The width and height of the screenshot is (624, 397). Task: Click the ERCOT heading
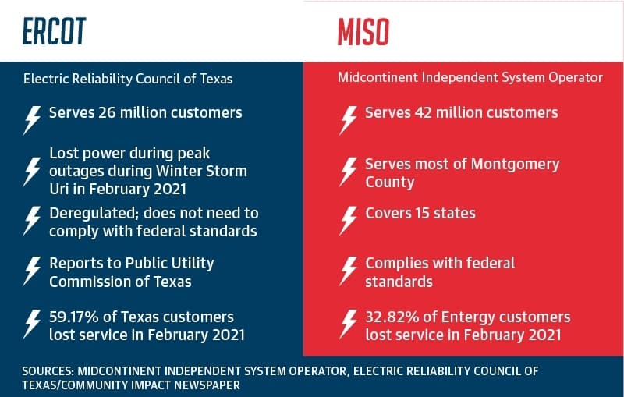tap(54, 31)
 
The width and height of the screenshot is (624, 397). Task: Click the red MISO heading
tap(363, 32)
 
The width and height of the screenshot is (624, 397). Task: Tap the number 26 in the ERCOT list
tap(107, 112)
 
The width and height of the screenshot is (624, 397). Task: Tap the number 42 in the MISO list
tap(423, 112)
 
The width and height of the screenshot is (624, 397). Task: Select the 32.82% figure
tap(392, 317)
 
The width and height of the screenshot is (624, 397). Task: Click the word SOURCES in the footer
tap(48, 371)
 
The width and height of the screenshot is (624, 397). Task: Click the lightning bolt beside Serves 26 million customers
tap(32, 120)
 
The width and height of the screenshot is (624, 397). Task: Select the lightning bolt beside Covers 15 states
tap(348, 221)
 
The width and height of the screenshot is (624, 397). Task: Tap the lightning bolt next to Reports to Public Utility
tap(32, 271)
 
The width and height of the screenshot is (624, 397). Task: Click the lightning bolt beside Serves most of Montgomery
tap(348, 172)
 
